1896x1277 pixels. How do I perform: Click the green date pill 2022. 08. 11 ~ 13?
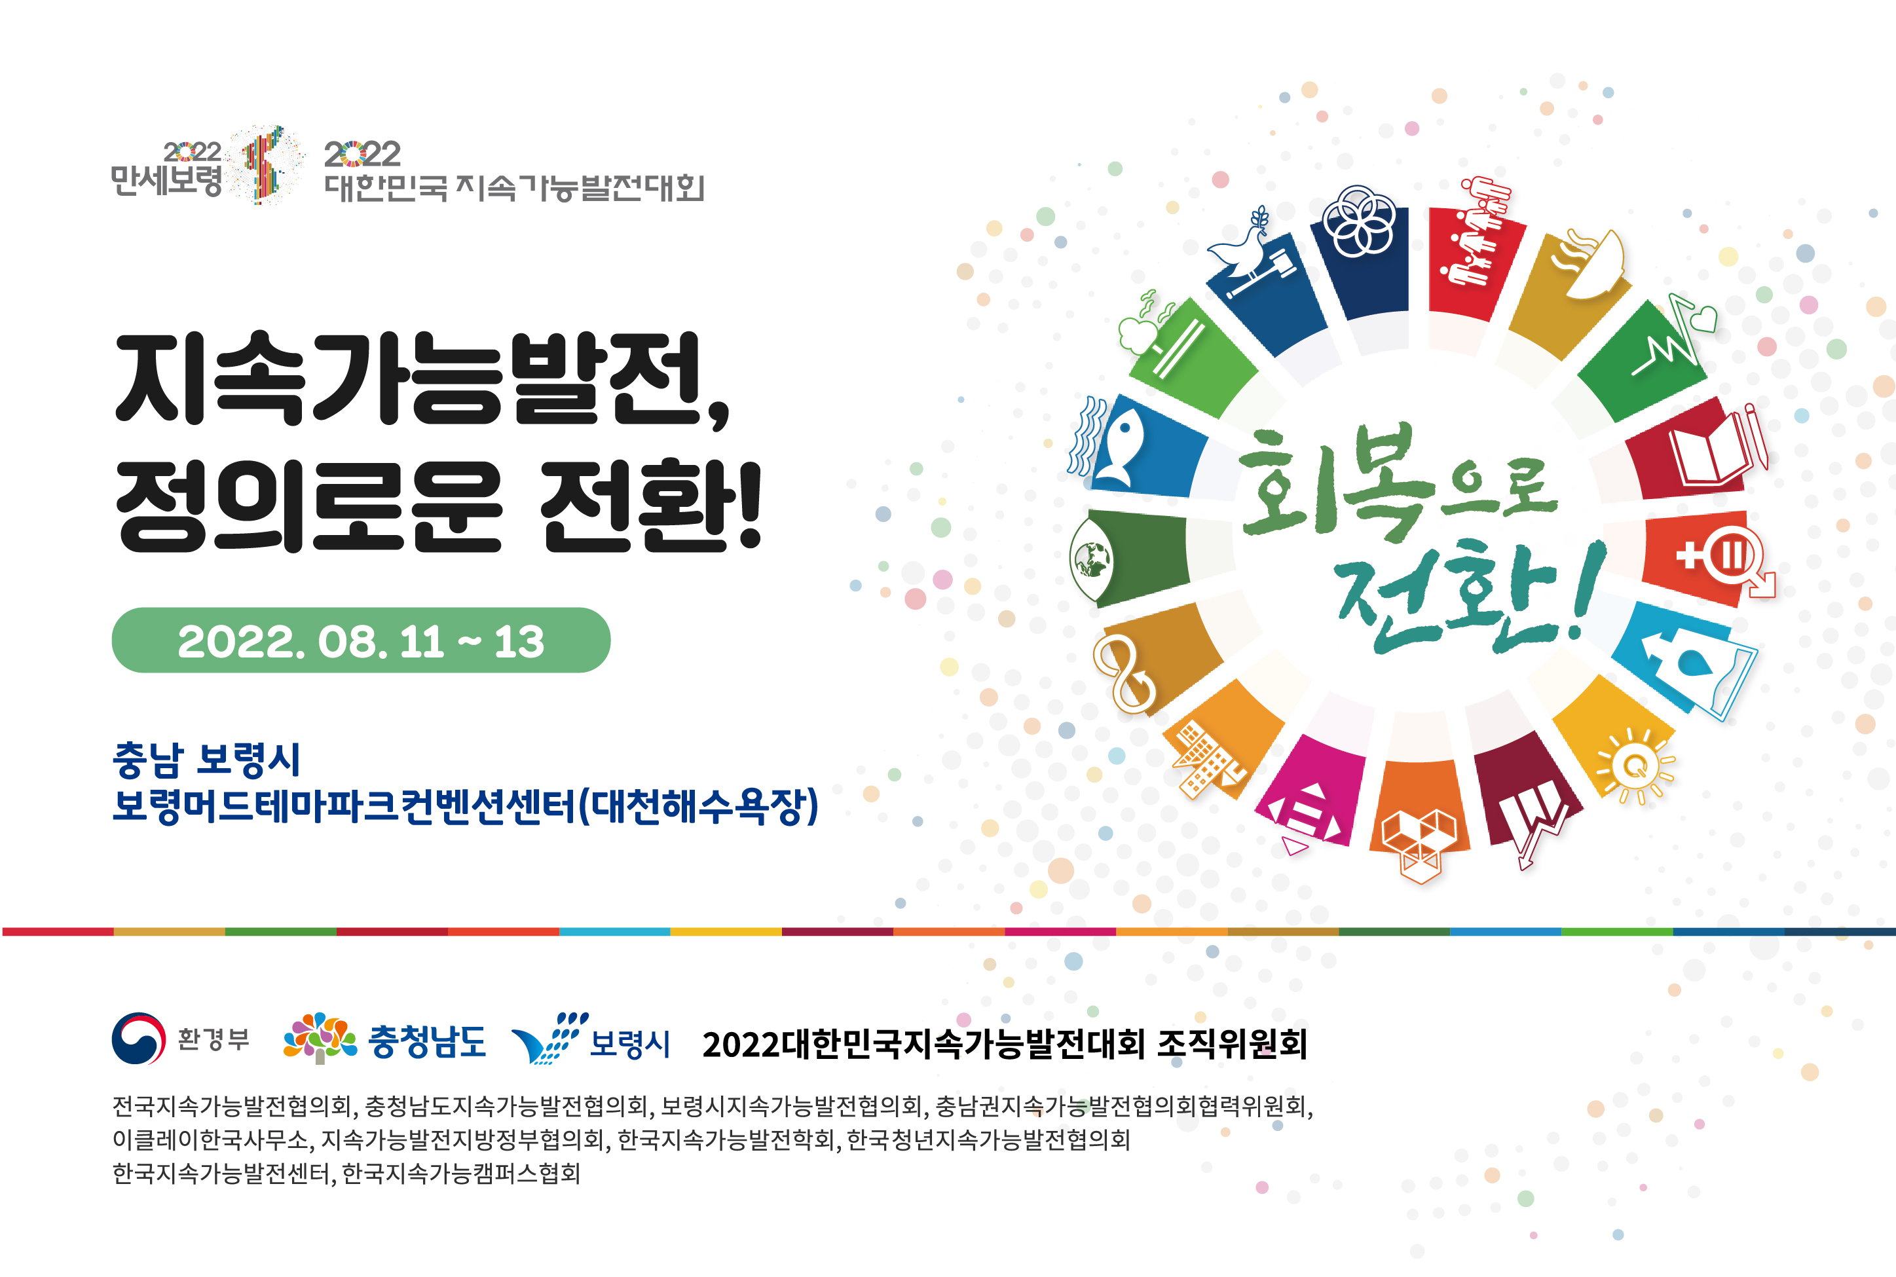click(361, 640)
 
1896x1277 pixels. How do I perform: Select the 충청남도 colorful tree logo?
click(319, 1037)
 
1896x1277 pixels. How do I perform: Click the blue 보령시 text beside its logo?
click(629, 1043)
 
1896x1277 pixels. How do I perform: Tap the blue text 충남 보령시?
click(207, 760)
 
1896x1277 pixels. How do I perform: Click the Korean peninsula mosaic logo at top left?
click(265, 164)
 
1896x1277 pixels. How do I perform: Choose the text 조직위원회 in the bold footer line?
click(1231, 1043)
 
